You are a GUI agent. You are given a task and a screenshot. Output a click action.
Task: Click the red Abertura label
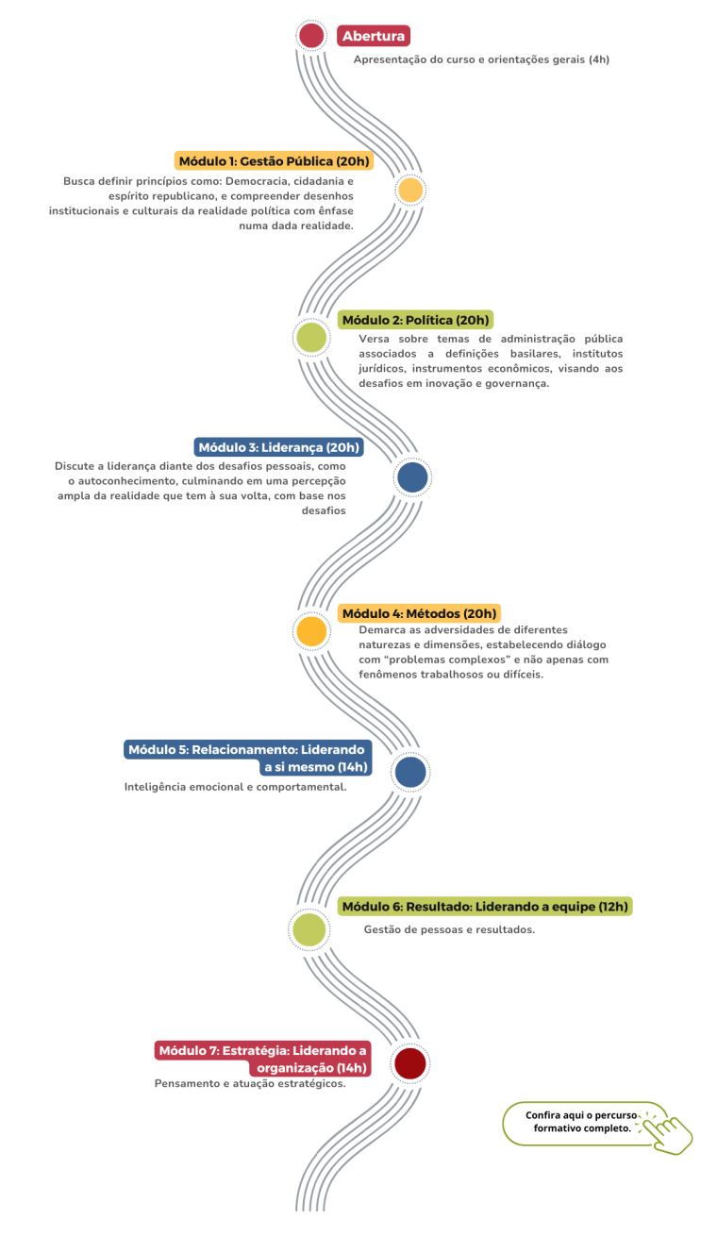(x=374, y=36)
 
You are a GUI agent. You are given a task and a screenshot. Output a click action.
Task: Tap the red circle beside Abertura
(x=311, y=36)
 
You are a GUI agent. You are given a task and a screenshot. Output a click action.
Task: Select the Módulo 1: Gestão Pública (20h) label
(x=275, y=161)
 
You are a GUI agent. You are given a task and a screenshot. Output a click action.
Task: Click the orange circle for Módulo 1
(x=410, y=191)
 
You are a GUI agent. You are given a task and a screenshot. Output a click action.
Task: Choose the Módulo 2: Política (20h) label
(x=415, y=320)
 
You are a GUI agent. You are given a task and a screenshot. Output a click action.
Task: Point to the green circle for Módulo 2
(x=311, y=337)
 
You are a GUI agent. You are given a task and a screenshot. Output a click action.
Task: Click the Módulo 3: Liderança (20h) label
(x=278, y=447)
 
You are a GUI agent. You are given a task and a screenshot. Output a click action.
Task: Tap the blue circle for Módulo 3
(x=412, y=477)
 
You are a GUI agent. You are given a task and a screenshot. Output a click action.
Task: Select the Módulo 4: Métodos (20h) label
(x=419, y=613)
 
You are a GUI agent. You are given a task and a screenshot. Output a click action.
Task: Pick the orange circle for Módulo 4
(x=311, y=631)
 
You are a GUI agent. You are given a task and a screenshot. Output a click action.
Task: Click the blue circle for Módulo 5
(x=410, y=772)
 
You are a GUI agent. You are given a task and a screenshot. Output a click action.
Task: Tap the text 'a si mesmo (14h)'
(x=315, y=767)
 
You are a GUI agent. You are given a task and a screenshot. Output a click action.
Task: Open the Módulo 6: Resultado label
(x=485, y=906)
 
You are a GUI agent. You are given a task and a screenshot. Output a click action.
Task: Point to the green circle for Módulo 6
(x=308, y=929)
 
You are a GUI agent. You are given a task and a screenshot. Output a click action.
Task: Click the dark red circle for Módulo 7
(x=410, y=1063)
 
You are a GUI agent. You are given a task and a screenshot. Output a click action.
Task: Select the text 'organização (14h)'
(x=311, y=1068)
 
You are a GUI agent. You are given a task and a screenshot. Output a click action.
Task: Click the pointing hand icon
(x=667, y=1131)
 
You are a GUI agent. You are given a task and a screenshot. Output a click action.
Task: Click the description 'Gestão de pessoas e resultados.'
(x=449, y=929)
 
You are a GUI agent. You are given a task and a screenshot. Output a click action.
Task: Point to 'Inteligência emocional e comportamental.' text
(x=236, y=787)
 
